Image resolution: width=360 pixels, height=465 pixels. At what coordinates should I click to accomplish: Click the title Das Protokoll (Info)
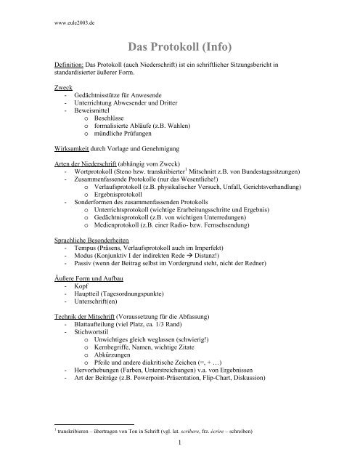tap(179, 49)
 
